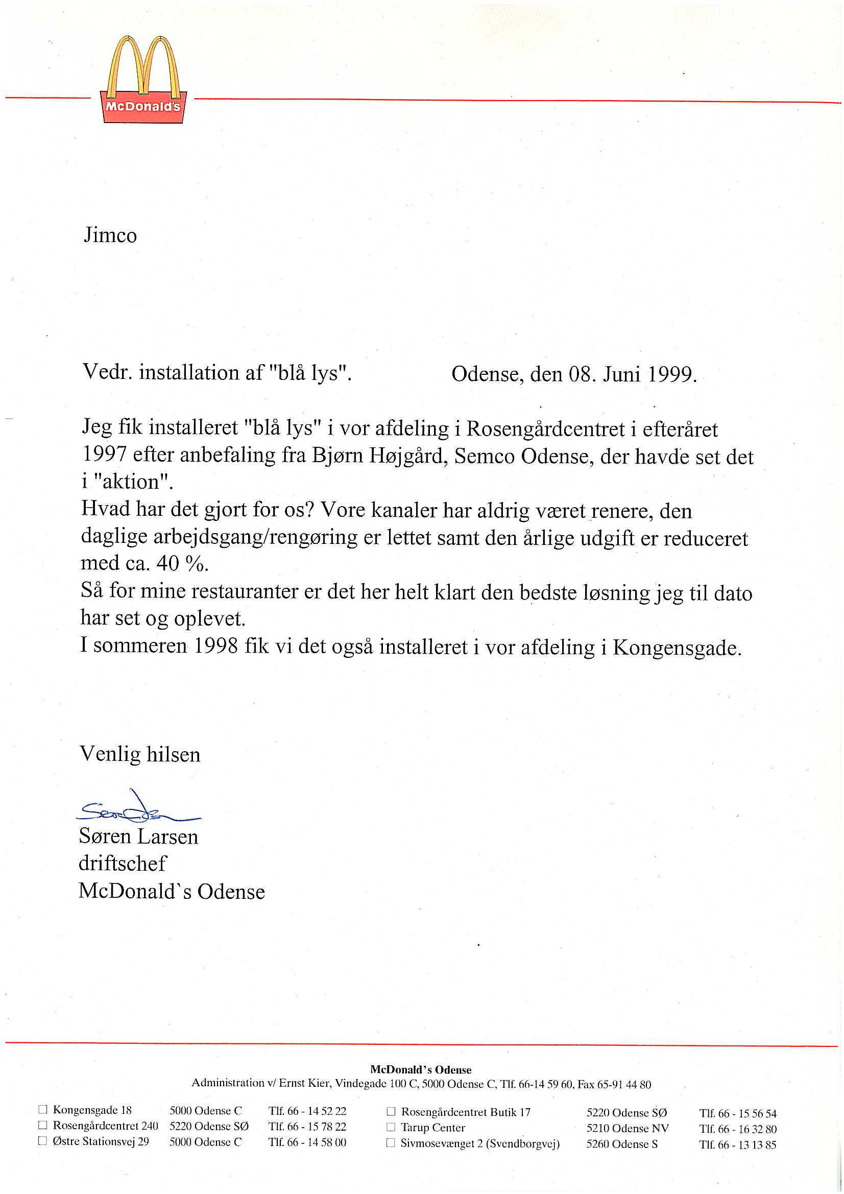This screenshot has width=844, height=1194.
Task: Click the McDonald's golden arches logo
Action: [x=143, y=80]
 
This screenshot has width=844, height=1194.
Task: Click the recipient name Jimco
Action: [x=110, y=235]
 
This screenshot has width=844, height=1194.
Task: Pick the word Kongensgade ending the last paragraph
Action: [x=676, y=648]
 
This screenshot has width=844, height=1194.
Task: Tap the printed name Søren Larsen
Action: [x=138, y=836]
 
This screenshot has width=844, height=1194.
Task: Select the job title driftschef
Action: [x=122, y=864]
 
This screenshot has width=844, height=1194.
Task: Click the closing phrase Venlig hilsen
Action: [x=139, y=755]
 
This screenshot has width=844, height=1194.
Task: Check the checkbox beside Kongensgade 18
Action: [x=43, y=1110]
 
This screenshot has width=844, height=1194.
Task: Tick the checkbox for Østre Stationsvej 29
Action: [x=43, y=1141]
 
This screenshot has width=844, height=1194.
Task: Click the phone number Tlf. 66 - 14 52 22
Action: [x=307, y=1111]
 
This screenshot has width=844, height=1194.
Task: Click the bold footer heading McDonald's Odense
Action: [x=421, y=1069]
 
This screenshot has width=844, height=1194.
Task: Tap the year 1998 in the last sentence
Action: [x=216, y=647]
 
